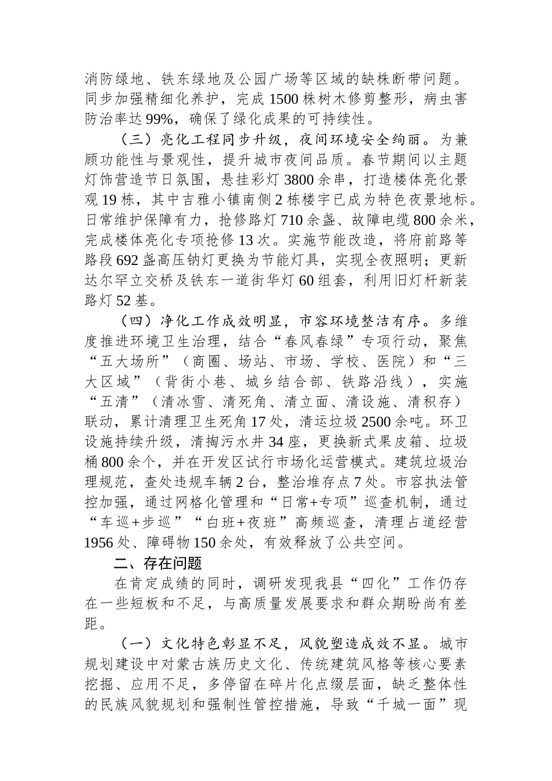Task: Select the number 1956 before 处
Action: click(x=101, y=542)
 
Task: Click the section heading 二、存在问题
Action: click(x=158, y=563)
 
